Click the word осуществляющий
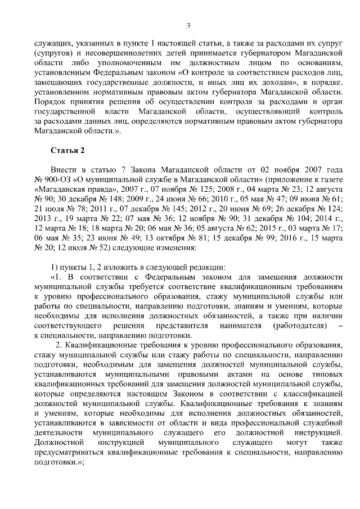coord(263,111)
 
